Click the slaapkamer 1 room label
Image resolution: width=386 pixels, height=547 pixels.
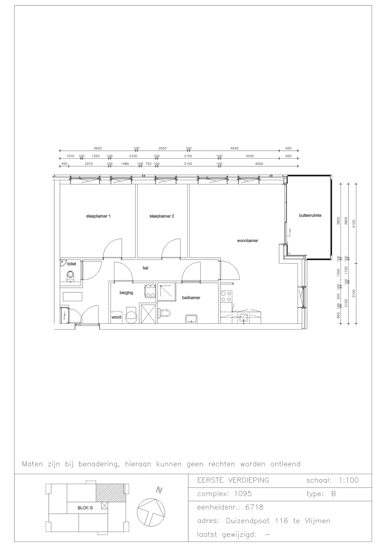point(98,216)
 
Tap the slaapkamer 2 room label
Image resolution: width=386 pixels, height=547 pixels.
point(162,216)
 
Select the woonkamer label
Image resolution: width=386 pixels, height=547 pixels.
point(247,241)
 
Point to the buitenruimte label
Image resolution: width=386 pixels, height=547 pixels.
point(310,215)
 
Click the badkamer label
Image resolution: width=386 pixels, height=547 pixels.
point(191,298)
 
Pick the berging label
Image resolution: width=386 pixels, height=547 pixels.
point(126,293)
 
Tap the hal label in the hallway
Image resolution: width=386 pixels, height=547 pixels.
point(145,268)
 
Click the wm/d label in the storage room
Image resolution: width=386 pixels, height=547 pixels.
point(116,317)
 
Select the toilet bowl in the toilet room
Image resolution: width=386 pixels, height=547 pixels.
point(70,275)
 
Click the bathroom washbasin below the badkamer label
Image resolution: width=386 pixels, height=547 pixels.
point(192,319)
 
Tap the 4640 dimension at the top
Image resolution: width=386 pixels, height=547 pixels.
point(234,148)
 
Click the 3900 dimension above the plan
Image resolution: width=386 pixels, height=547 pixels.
point(98,148)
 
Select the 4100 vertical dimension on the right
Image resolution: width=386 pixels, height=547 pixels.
point(354,224)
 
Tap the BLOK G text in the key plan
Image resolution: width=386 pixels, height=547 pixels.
point(85,508)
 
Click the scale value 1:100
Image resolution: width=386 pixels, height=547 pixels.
point(349,480)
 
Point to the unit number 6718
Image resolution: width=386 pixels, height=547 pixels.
point(254,507)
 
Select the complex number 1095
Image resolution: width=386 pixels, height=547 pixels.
point(243,494)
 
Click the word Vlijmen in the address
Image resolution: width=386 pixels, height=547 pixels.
point(317,521)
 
